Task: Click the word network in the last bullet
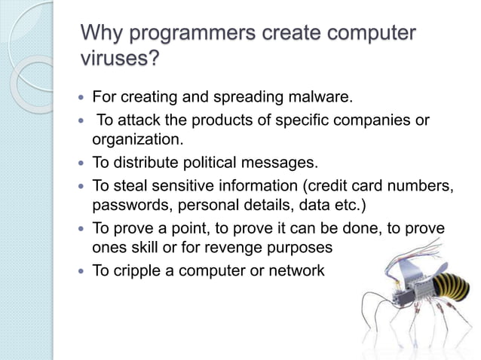[x=299, y=270]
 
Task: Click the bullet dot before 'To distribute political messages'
[x=81, y=163]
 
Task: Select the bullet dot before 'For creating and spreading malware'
[x=81, y=97]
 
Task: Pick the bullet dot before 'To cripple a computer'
[x=81, y=270]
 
